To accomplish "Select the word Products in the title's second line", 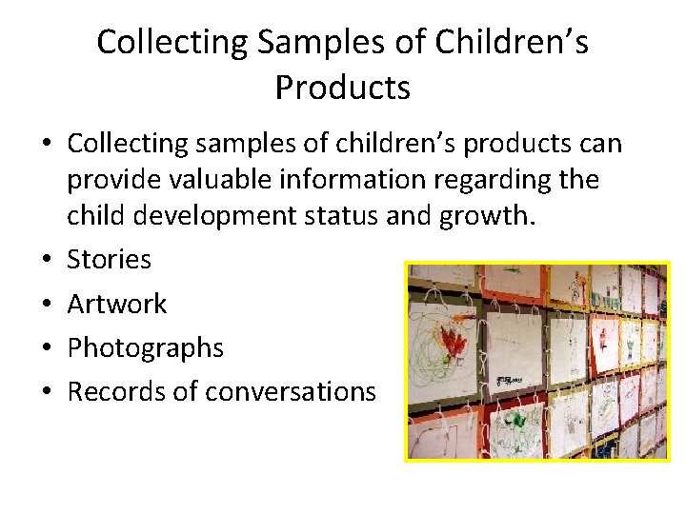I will [343, 88].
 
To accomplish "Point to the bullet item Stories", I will [109, 259].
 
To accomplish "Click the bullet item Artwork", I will [116, 304].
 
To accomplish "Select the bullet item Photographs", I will [145, 348].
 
